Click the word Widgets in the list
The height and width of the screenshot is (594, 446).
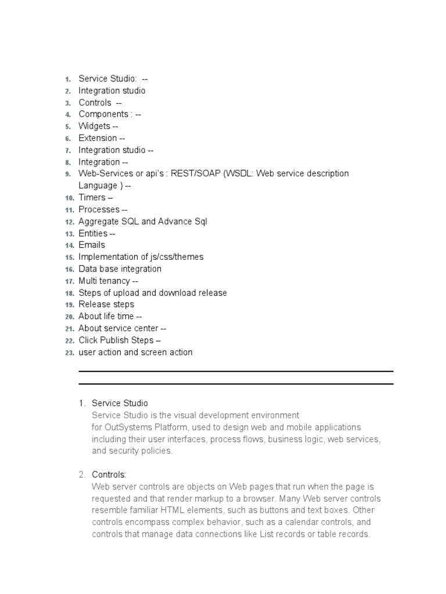94,126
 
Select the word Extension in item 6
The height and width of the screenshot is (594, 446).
98,138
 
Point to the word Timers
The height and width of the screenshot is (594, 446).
92,197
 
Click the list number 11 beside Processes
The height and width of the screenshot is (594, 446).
69,209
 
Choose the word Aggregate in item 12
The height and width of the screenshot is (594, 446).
98,221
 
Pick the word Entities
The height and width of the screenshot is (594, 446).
93,233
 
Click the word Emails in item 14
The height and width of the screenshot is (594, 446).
92,245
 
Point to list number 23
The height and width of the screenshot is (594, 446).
69,353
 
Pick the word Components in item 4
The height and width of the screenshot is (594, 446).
103,114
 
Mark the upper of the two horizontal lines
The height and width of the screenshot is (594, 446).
236,371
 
